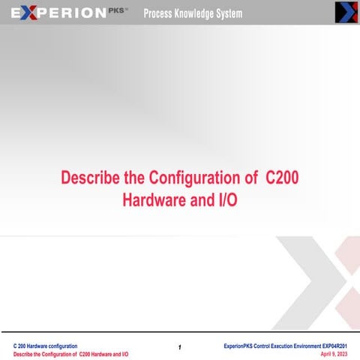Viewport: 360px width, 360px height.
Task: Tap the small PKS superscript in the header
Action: tap(119, 10)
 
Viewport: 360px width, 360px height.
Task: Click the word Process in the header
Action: tap(160, 13)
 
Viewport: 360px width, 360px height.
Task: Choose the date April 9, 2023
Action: tap(333, 353)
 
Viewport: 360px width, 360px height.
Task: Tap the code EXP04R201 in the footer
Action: tap(331, 344)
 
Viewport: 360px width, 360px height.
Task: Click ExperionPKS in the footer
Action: tap(241, 344)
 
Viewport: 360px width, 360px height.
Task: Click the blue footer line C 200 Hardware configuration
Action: tap(45, 344)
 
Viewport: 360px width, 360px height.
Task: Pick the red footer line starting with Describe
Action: tap(70, 353)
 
